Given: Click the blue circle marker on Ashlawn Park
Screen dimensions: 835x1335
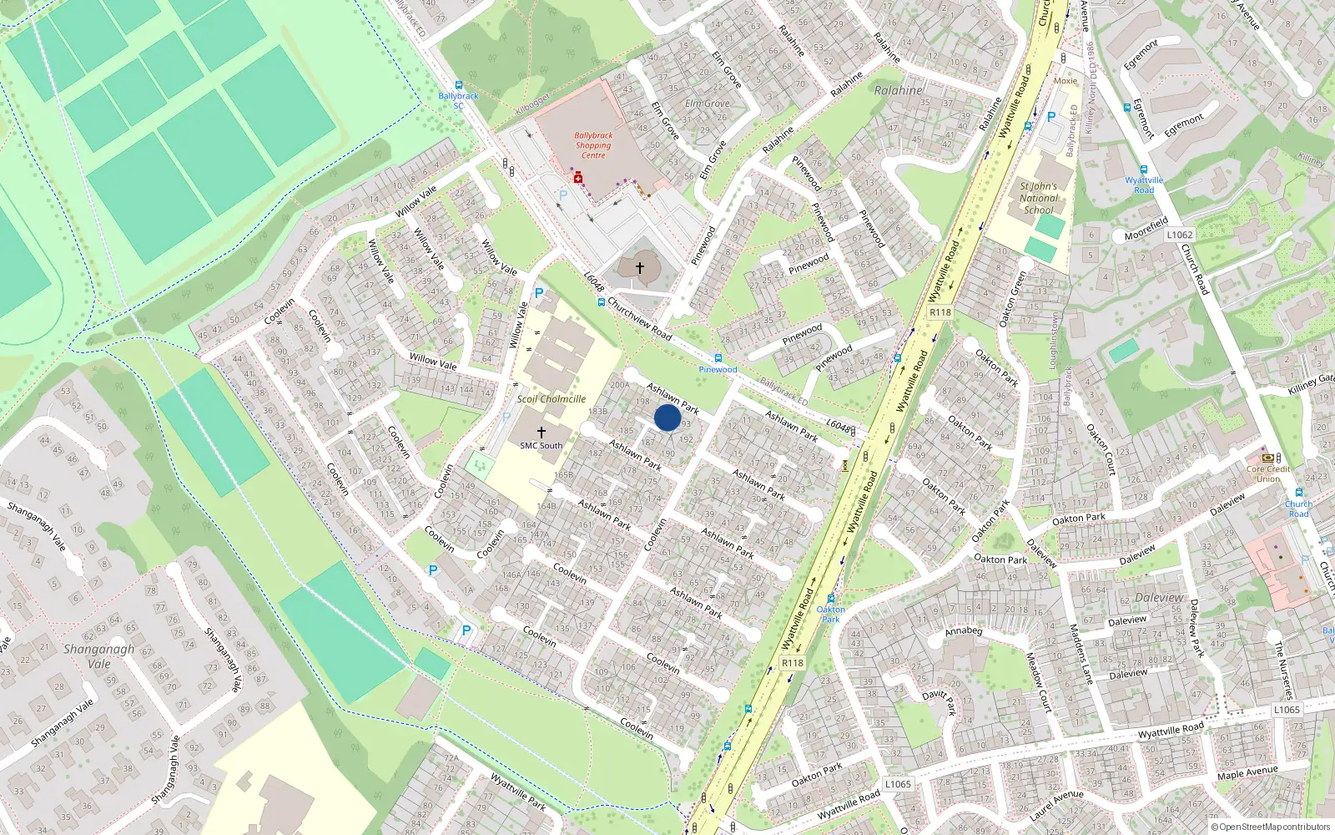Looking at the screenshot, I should click(667, 417).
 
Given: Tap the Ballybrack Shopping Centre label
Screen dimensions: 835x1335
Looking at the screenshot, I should click(593, 145).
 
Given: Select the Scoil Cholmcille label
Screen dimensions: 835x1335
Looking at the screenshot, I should click(551, 399).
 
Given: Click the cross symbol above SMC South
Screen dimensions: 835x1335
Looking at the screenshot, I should click(541, 432).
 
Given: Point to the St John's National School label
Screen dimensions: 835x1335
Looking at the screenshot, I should click(1039, 199).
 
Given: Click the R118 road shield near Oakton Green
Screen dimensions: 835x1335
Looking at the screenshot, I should click(940, 312).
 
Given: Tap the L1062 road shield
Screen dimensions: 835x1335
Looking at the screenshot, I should click(1180, 235).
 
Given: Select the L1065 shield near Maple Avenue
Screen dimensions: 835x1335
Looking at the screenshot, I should click(1287, 710).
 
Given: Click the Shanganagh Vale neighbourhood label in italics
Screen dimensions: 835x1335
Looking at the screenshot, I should click(98, 656).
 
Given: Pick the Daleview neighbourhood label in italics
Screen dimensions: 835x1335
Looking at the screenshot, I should click(1159, 598).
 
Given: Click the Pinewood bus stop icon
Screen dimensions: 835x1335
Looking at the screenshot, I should click(718, 358).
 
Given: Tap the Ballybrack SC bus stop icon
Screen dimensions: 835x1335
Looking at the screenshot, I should click(458, 85).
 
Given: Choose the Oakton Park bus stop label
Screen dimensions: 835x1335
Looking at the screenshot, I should click(830, 614).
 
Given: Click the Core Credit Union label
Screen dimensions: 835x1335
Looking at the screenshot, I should click(1268, 473).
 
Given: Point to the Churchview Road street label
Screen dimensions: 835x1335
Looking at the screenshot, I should click(639, 317).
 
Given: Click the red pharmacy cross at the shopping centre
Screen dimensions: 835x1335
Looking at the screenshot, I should click(577, 178).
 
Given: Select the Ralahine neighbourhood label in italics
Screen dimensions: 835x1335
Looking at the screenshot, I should click(899, 90).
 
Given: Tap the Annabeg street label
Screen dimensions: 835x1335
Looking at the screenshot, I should click(963, 631).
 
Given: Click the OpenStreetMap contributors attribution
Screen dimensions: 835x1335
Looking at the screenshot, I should click(1274, 827).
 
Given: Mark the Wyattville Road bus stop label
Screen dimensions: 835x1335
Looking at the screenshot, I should click(1144, 185).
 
